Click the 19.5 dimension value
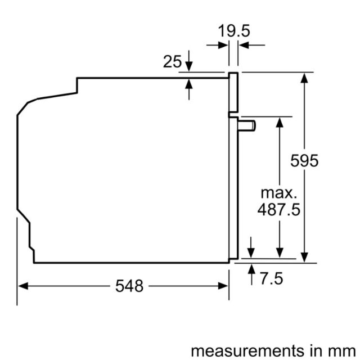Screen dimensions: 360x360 coord(234,31)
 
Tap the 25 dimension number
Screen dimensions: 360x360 coord(172,61)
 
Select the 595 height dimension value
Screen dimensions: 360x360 coord(304,160)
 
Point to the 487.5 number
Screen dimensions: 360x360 coord(279,209)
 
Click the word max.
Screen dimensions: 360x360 coord(279,193)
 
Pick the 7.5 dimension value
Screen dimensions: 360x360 coord(271,279)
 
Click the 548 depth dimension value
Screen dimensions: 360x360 coord(129,286)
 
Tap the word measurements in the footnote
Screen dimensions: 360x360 coord(247,351)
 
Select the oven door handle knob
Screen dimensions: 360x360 coord(247,126)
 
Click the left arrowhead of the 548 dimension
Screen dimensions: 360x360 coord(23,286)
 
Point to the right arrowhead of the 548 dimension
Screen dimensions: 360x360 coord(223,286)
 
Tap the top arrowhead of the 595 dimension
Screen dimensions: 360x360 coord(304,78)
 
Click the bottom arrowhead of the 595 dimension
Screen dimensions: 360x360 coord(304,258)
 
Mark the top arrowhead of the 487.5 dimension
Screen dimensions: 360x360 coord(280,123)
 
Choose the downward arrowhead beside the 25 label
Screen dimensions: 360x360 coord(189,66)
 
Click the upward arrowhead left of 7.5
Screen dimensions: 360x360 coord(251,269)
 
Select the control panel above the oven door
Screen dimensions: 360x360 coord(233,92)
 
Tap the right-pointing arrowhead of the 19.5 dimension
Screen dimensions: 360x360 coord(223,45)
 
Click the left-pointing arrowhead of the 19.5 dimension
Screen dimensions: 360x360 coord(244,45)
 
